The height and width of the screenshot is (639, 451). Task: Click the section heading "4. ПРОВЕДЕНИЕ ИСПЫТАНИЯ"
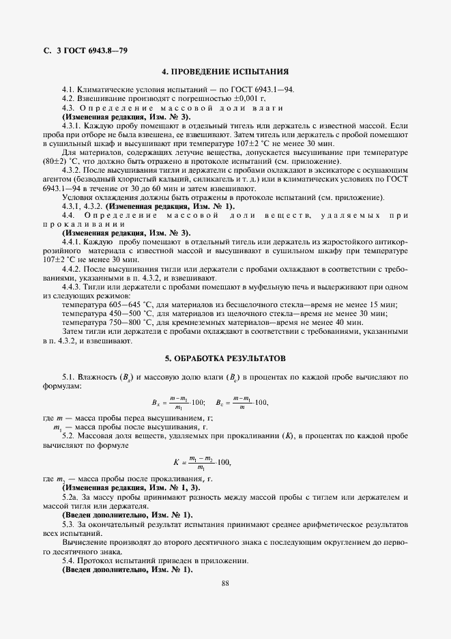click(x=225, y=71)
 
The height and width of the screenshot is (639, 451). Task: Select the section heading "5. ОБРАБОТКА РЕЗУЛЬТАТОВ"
click(x=225, y=358)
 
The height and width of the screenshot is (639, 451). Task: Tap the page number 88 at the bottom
click(x=225, y=583)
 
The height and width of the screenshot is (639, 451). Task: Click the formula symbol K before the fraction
click(x=177, y=462)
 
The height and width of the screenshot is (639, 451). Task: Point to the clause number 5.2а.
click(x=71, y=498)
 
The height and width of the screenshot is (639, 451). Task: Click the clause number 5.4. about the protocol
click(x=70, y=560)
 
